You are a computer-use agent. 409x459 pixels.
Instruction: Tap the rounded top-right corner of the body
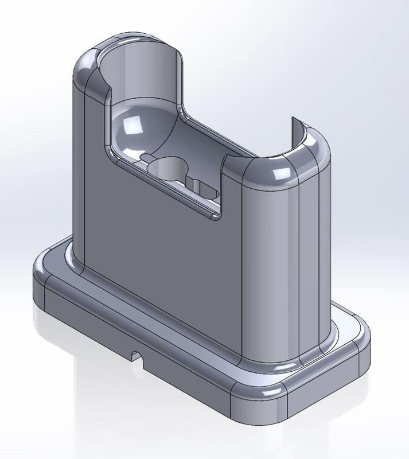pyautogui.click(x=313, y=152)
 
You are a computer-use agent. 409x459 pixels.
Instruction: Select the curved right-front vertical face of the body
pyautogui.click(x=270, y=258)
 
